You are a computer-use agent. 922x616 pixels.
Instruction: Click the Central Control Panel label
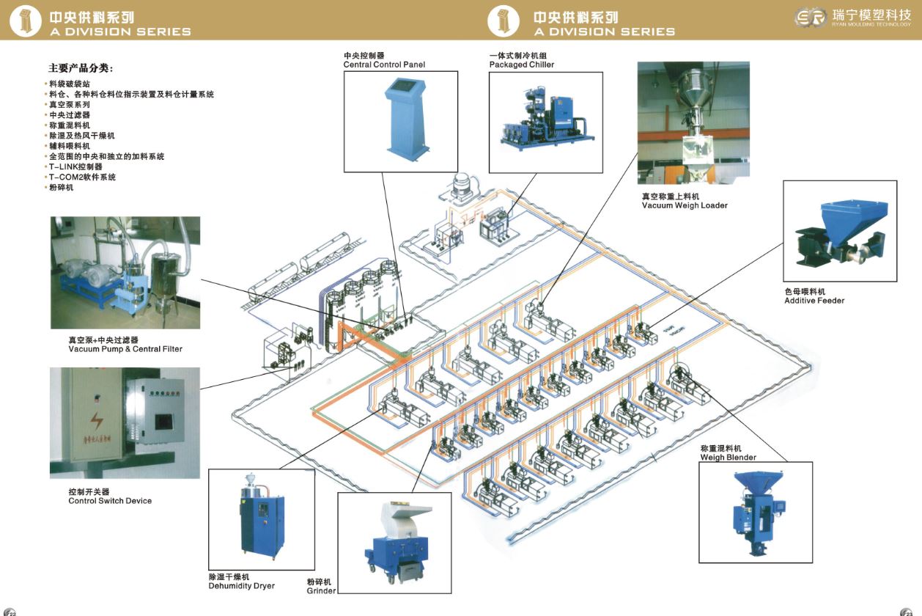pyautogui.click(x=384, y=65)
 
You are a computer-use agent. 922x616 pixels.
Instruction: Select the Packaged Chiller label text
pyautogui.click(x=521, y=65)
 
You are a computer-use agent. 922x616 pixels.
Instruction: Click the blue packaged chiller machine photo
pyautogui.click(x=546, y=120)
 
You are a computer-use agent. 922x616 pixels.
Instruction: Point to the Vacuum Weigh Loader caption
pyautogui.click(x=685, y=205)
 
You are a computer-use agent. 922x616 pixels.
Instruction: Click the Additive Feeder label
pyautogui.click(x=814, y=301)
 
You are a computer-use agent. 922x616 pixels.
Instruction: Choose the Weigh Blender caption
pyautogui.click(x=728, y=457)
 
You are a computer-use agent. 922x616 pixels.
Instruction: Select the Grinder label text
pyautogui.click(x=321, y=590)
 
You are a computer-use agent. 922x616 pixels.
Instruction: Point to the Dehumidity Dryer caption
pyautogui.click(x=241, y=586)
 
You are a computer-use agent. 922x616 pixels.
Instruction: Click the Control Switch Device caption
pyautogui.click(x=110, y=501)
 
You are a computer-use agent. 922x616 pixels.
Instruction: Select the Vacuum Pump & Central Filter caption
pyautogui.click(x=125, y=349)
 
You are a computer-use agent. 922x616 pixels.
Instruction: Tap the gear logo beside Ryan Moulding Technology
pyautogui.click(x=811, y=18)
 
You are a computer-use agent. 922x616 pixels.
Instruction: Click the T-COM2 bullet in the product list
pyautogui.click(x=82, y=177)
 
